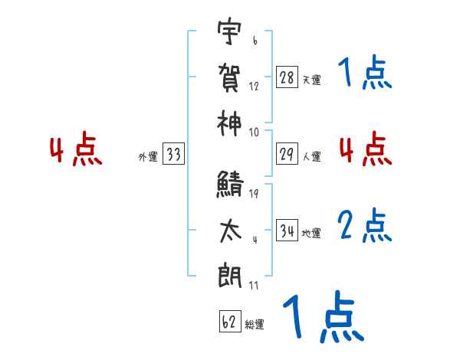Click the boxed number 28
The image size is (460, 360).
(x=287, y=77)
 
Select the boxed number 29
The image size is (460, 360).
(x=287, y=154)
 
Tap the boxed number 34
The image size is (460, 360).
(x=287, y=231)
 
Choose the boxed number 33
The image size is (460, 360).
(x=173, y=155)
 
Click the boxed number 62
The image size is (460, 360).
(x=228, y=322)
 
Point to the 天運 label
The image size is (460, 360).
(x=311, y=80)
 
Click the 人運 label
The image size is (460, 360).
(x=311, y=156)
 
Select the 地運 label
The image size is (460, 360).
(x=311, y=233)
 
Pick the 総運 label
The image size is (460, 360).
(x=255, y=324)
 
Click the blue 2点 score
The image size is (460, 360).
(x=365, y=225)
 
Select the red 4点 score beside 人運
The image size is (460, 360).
(x=365, y=149)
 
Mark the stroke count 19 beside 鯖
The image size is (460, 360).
(x=255, y=193)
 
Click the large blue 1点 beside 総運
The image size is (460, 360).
(x=322, y=318)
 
